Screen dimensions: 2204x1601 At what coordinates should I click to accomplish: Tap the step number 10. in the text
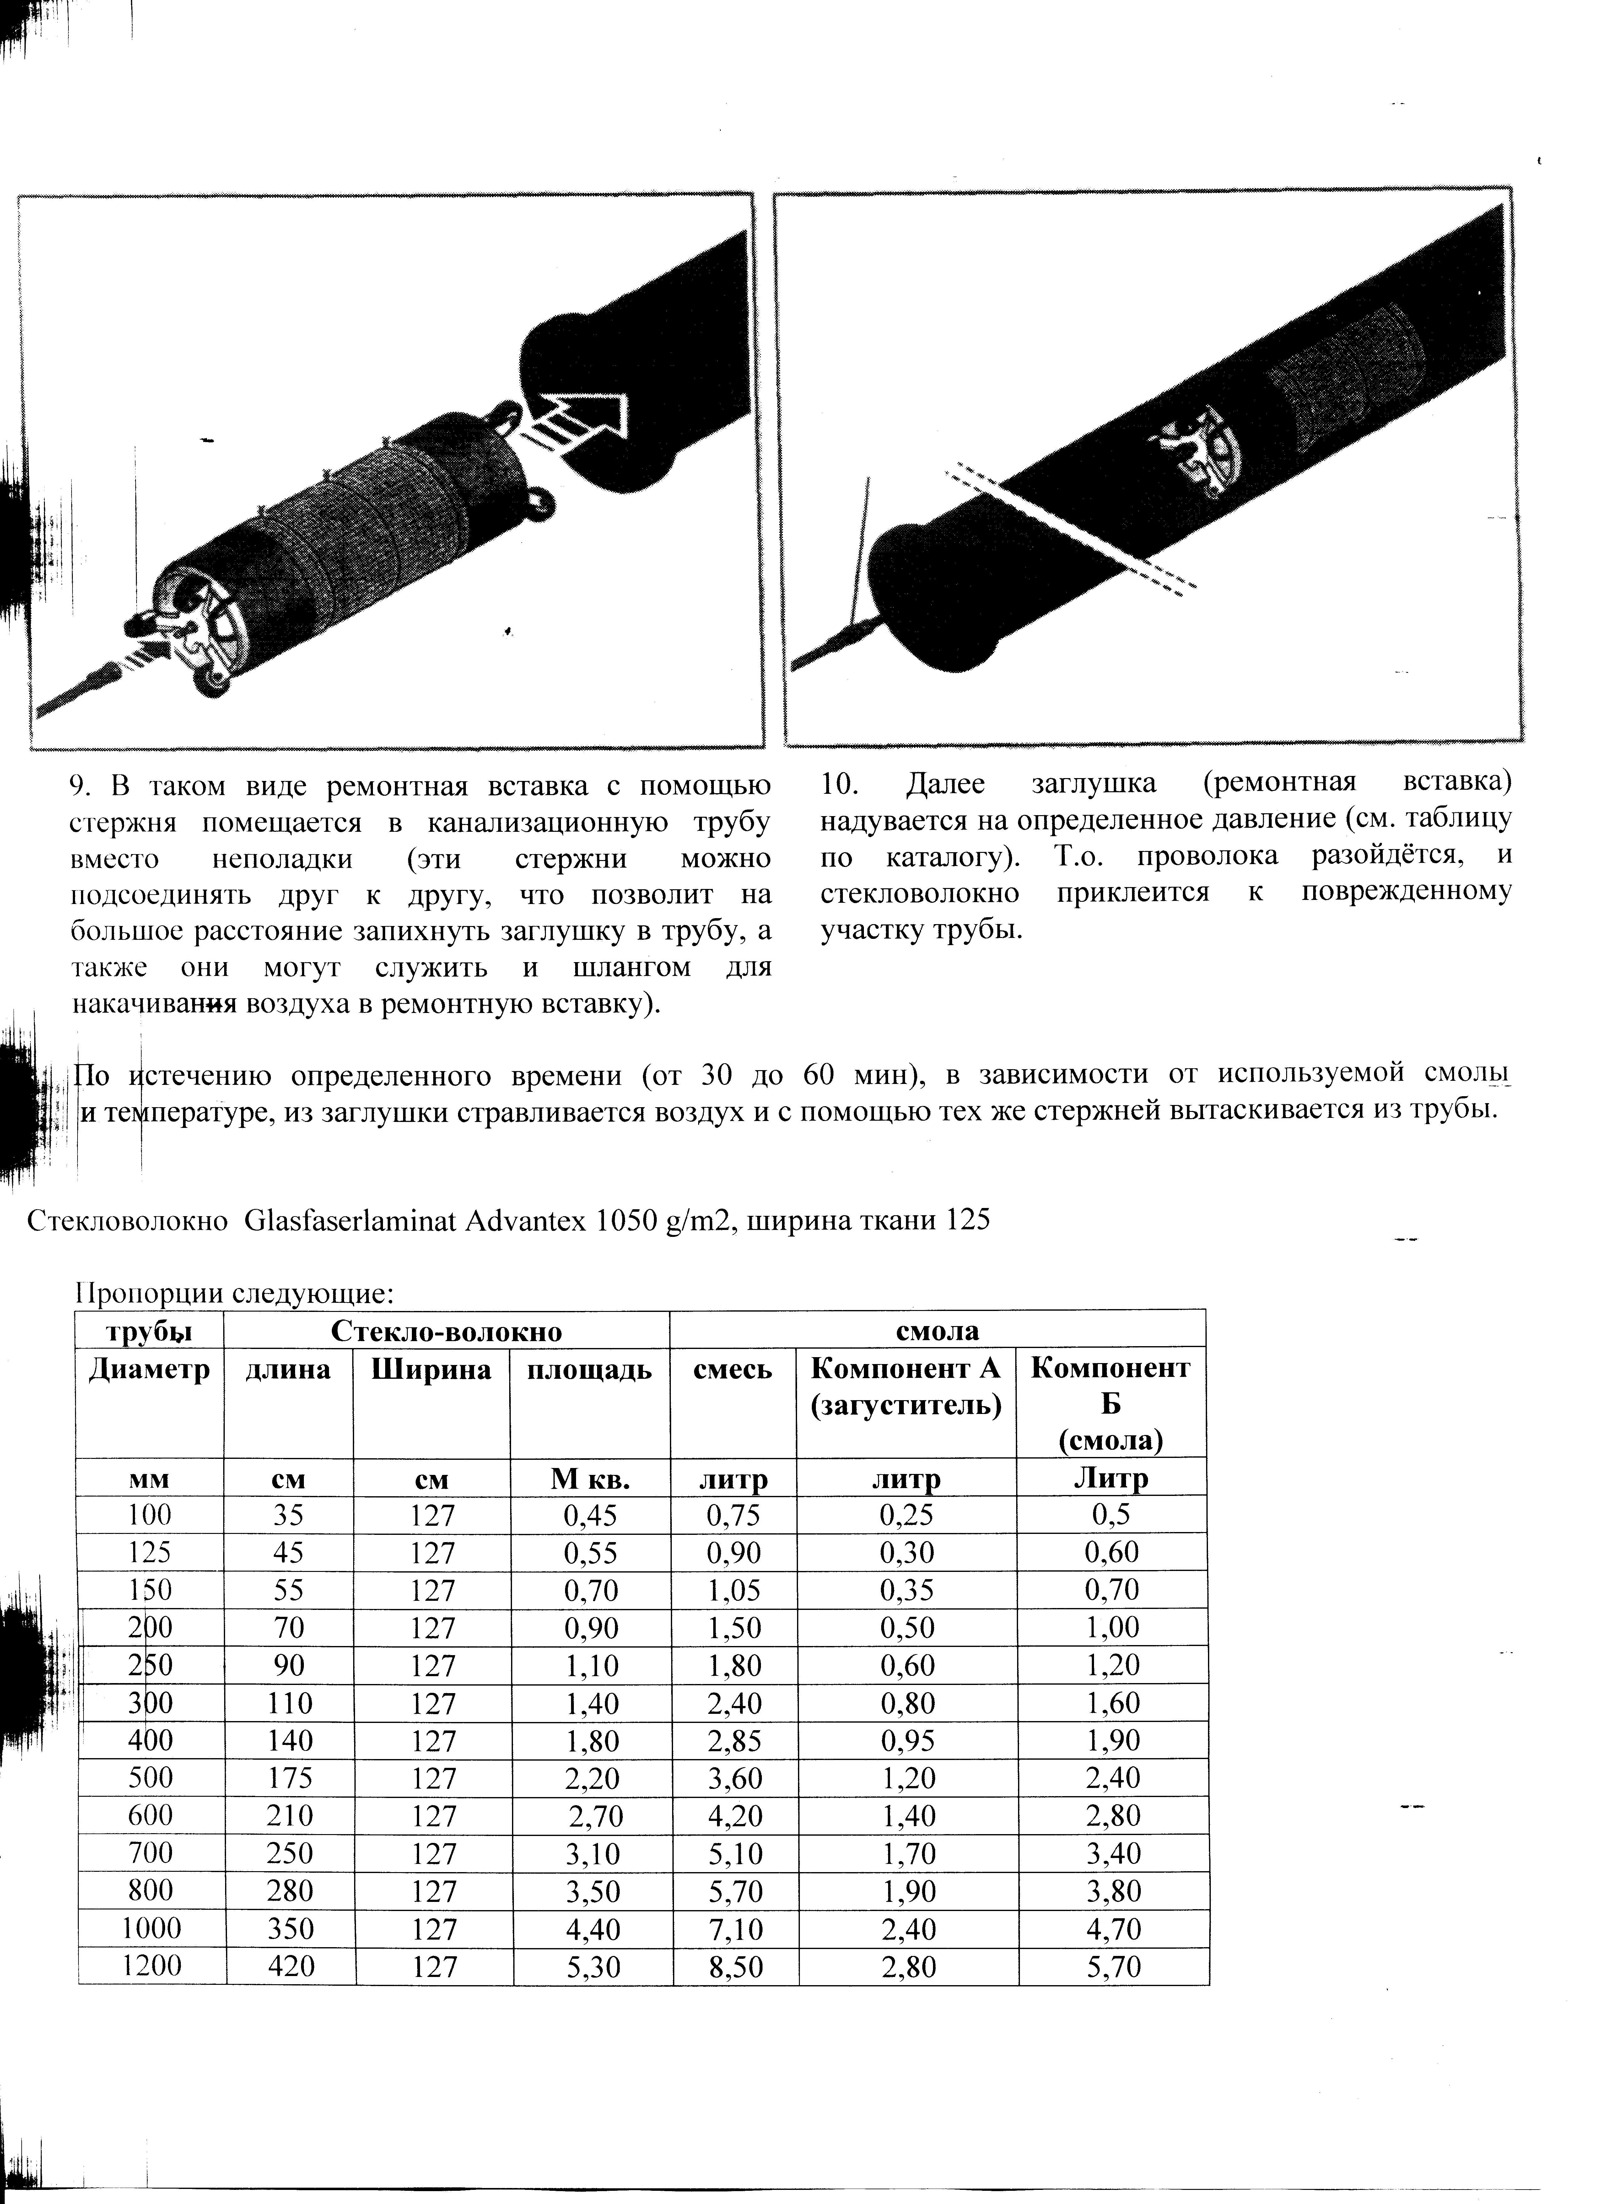(841, 784)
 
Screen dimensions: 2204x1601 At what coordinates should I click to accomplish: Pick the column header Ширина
(431, 1370)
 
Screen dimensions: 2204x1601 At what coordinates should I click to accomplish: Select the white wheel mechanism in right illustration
(1201, 447)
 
